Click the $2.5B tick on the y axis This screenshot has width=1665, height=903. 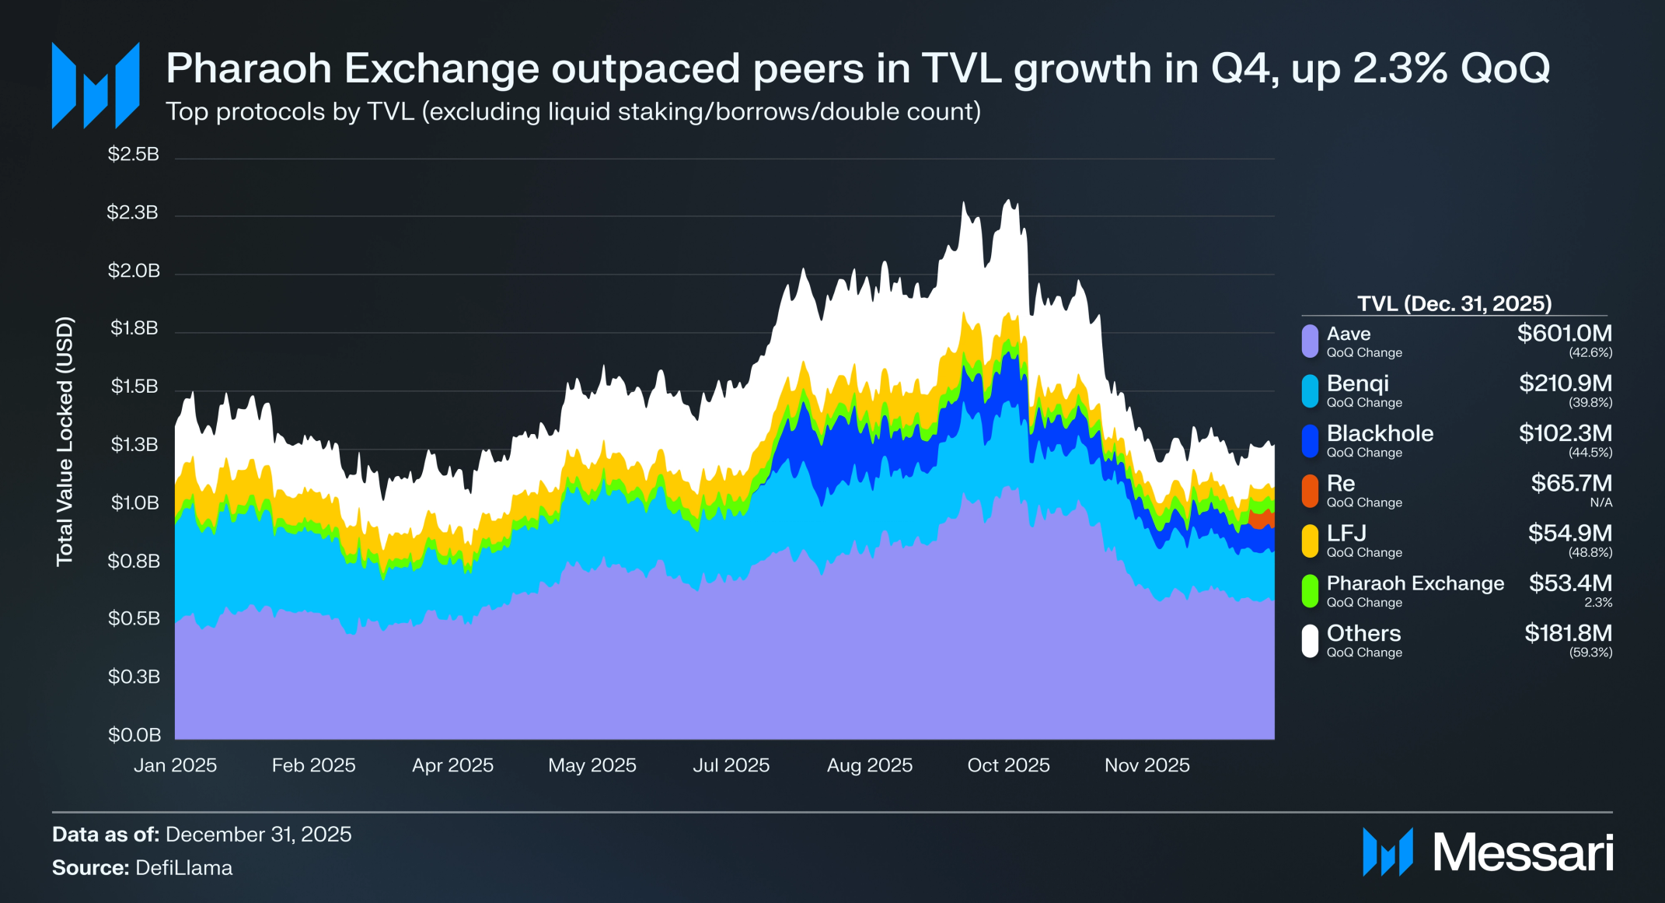click(134, 154)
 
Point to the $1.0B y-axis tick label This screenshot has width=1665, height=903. click(134, 502)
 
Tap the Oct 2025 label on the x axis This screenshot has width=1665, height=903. click(1008, 765)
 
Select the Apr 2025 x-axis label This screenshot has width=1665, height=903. click(452, 765)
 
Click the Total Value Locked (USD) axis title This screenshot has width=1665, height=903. click(65, 441)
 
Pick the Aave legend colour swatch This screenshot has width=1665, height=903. click(1310, 341)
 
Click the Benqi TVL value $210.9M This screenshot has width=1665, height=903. click(1565, 383)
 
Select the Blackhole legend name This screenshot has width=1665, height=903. click(1380, 433)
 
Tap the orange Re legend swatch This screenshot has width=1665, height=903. click(1310, 491)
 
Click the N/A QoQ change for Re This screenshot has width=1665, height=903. click(1600, 502)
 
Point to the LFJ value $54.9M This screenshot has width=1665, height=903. click(1569, 533)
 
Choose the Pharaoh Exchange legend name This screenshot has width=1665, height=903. click(1415, 583)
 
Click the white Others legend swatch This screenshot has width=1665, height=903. click(1310, 641)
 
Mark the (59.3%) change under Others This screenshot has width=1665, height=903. click(1590, 653)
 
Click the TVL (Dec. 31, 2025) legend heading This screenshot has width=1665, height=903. click(1454, 303)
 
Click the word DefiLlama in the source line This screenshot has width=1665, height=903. click(183, 868)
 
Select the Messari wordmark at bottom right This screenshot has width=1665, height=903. click(1523, 852)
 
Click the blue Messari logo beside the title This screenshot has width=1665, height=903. click(96, 86)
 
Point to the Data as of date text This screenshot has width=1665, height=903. click(258, 835)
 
